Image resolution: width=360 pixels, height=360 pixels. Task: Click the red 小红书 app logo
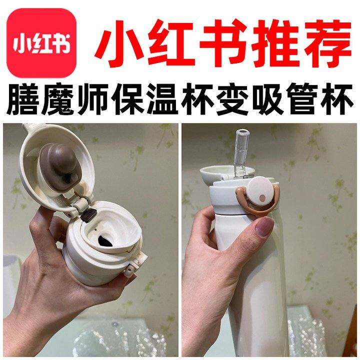(x=41, y=42)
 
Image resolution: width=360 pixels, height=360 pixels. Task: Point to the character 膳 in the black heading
(x=23, y=99)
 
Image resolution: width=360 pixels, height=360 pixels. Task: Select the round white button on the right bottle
(x=261, y=191)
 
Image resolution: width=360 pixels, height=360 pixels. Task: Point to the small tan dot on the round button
(x=261, y=197)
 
